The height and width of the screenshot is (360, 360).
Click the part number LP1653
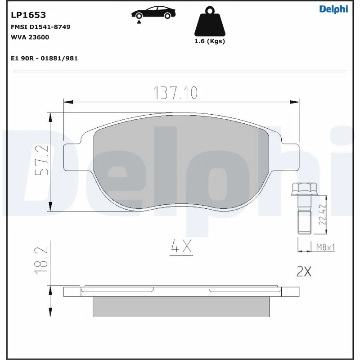(28, 15)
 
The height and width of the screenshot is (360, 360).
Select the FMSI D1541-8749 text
(40, 27)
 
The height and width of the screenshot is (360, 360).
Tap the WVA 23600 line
(30, 37)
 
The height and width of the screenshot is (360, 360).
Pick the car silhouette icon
(153, 13)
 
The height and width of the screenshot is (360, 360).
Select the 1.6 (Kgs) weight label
(210, 41)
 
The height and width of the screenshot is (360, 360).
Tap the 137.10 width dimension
(176, 93)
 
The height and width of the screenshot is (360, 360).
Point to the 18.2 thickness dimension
(41, 261)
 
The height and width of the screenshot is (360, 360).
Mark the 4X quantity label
(181, 247)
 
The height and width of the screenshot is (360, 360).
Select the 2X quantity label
(304, 271)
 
